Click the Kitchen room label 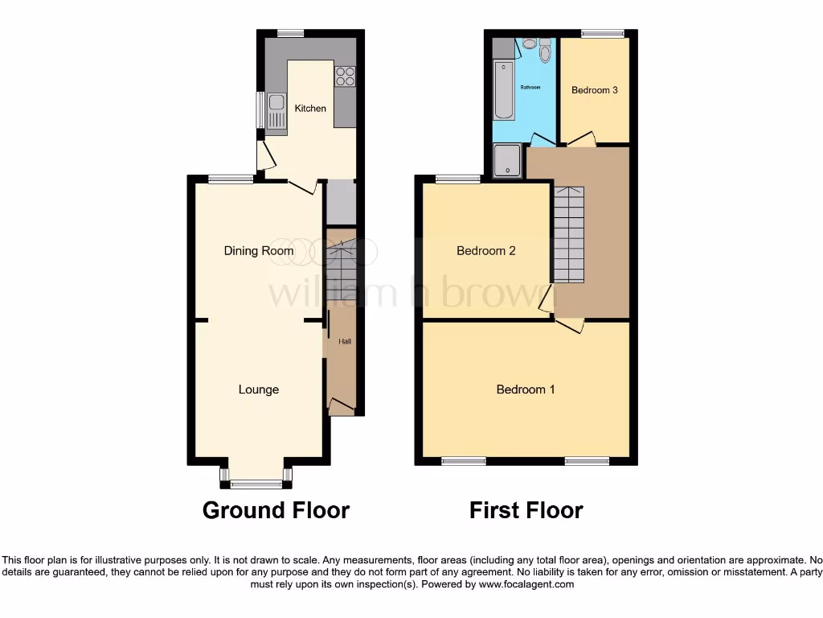click(310, 108)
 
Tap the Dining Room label click(259, 251)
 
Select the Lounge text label click(259, 389)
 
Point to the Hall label click(344, 341)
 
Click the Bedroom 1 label click(526, 389)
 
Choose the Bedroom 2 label click(486, 251)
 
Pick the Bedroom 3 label click(595, 90)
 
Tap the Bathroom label click(530, 87)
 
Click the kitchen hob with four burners click(346, 76)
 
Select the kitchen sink click(276, 109)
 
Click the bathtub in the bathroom click(503, 89)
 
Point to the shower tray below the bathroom click(506, 160)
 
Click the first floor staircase click(568, 233)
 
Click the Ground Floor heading click(276, 510)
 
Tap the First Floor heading click(526, 510)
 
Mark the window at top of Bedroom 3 click(603, 34)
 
